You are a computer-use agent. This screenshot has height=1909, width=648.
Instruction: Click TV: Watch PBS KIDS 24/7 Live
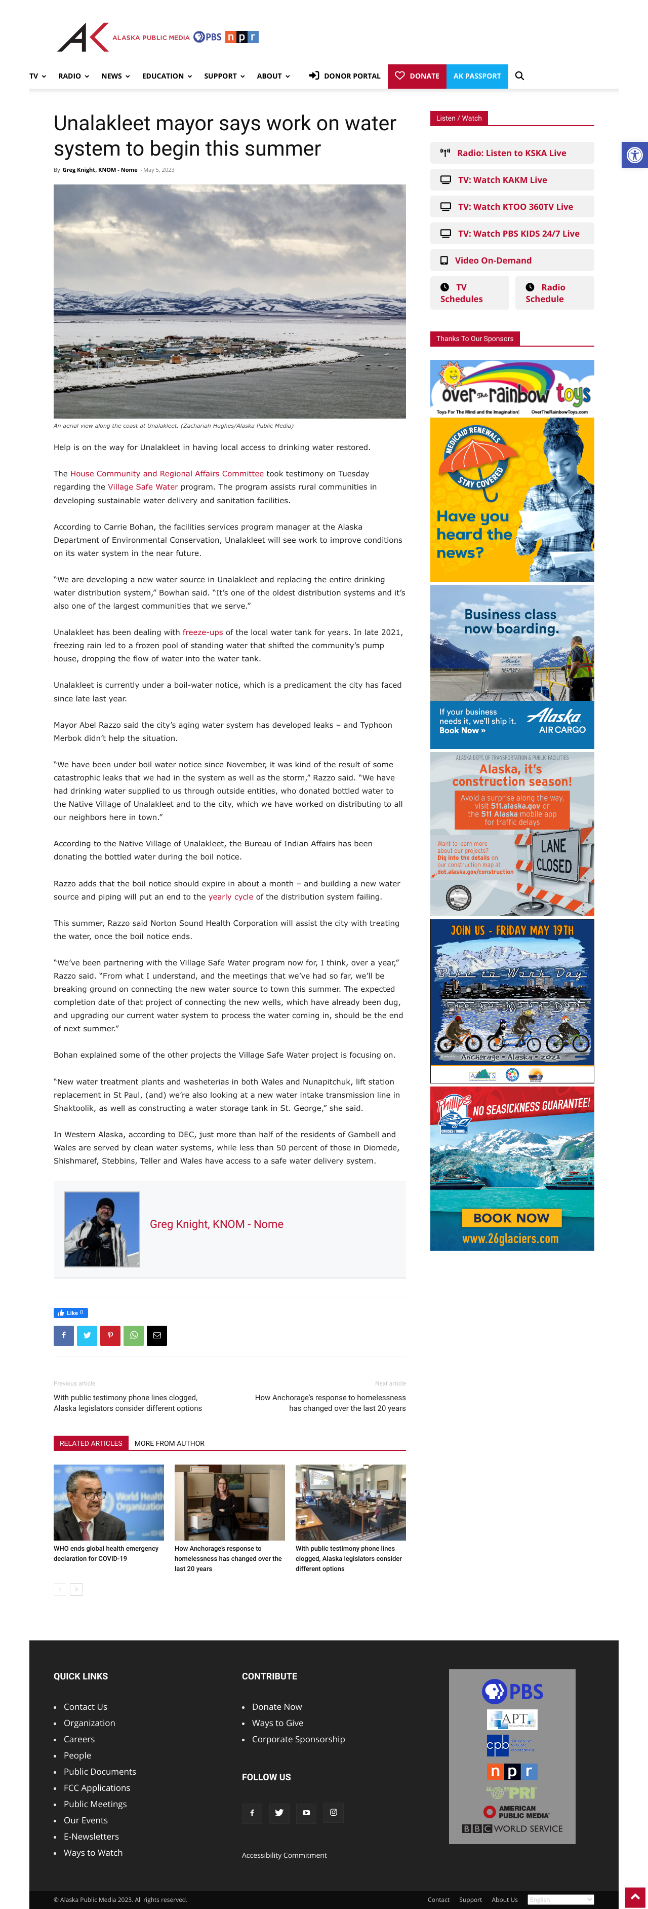point(518,234)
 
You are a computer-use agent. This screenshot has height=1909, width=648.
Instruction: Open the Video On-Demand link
point(493,260)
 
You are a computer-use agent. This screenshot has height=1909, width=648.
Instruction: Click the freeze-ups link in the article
point(202,632)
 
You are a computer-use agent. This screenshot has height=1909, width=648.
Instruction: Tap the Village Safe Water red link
point(143,487)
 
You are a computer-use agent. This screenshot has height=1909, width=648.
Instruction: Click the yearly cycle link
point(230,896)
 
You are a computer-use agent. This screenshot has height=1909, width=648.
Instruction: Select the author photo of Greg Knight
point(101,1229)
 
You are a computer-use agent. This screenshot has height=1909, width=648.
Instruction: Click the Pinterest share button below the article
point(110,1335)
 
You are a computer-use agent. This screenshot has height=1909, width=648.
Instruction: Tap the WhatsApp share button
point(133,1335)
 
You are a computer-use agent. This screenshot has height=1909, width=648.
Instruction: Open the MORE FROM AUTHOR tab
point(170,1443)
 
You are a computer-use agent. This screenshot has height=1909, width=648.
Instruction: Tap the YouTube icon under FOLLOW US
point(306,1813)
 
